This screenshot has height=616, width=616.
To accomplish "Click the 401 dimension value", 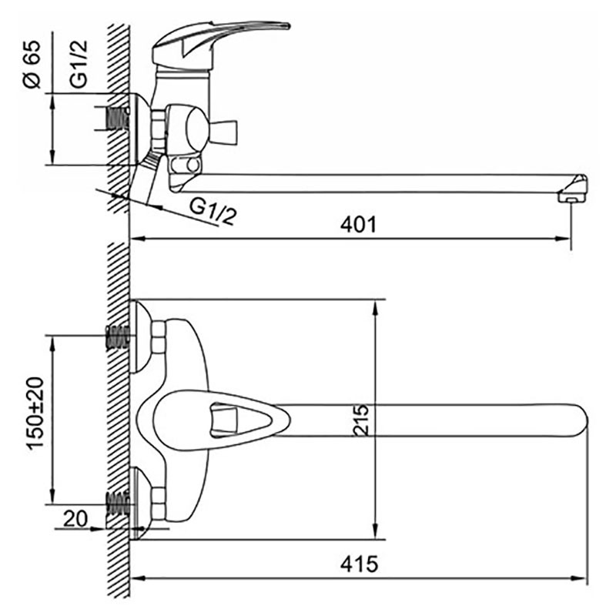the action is [x=358, y=225].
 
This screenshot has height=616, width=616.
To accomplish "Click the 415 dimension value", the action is [x=359, y=564].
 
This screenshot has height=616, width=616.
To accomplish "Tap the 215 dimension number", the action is [x=360, y=420].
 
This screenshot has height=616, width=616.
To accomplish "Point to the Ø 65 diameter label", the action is [x=32, y=64].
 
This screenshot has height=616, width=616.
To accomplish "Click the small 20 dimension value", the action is [x=75, y=518].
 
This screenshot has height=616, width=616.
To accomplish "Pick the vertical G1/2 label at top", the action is [x=79, y=64].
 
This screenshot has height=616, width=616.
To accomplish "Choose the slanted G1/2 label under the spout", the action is [x=213, y=210].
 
